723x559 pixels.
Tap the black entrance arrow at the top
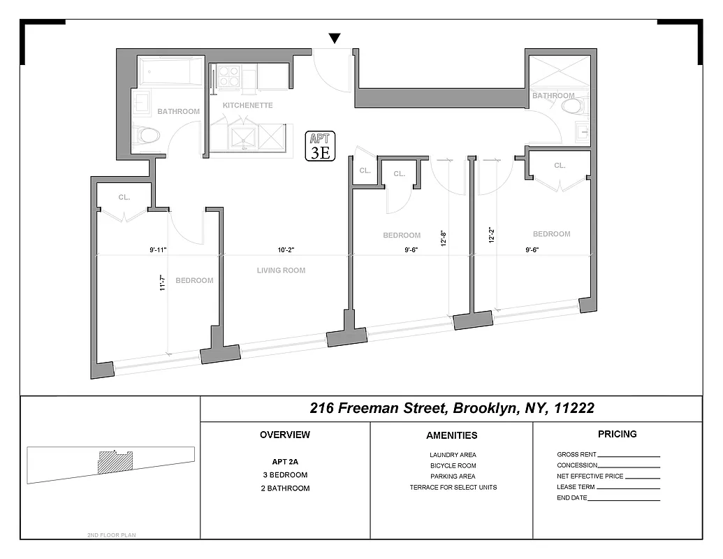(335, 38)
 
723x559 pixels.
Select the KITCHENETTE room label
(247, 106)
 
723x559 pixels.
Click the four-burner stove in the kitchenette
(228, 76)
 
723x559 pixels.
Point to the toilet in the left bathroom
(147, 135)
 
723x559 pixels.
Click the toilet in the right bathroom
(572, 106)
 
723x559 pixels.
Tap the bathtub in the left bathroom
(170, 72)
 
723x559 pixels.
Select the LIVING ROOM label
(281, 270)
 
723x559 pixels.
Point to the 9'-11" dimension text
(158, 249)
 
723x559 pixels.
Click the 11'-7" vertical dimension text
(162, 282)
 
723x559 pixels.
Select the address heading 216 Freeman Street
(452, 408)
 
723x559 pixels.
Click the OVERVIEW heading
(285, 435)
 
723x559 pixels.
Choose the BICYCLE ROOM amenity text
(453, 465)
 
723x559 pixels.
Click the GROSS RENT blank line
(629, 456)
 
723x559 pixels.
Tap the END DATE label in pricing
(572, 498)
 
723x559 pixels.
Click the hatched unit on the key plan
(115, 462)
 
